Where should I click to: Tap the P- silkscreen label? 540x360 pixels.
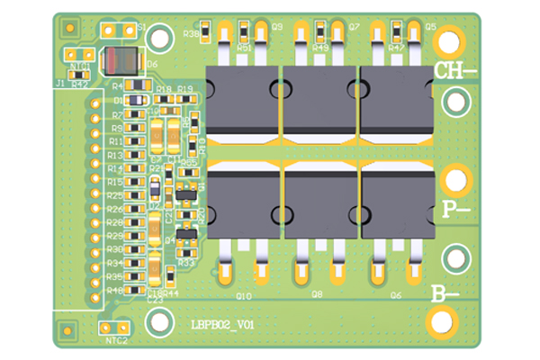[456, 209]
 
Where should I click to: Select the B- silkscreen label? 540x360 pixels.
[445, 292]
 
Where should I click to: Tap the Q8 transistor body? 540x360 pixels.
[319, 199]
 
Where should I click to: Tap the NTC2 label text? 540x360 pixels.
[117, 341]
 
